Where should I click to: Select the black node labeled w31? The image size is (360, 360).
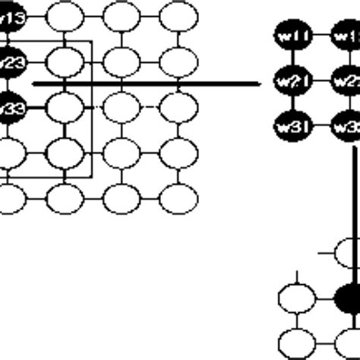[289, 123]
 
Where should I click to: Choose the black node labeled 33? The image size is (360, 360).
[11, 106]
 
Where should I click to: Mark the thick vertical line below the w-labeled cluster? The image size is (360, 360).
[353, 205]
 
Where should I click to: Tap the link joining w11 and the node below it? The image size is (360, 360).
[289, 57]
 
